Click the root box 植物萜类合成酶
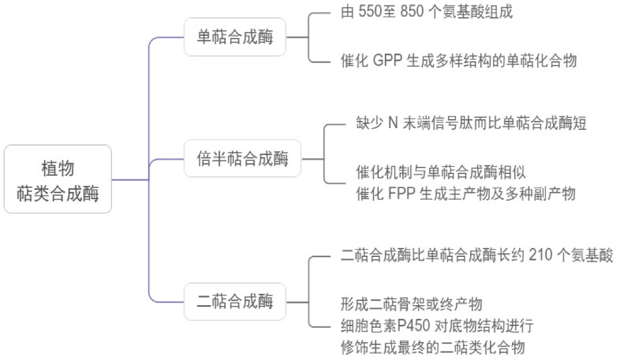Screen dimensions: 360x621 pyautogui.click(x=58, y=179)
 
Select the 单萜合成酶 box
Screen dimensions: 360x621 pyautogui.click(x=235, y=38)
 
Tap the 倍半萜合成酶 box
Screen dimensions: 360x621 pyautogui.click(x=243, y=159)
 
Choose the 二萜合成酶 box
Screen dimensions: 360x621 pyautogui.click(x=235, y=302)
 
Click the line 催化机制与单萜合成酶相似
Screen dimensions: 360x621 pyautogui.click(x=441, y=172)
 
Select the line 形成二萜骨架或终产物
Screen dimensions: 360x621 pyautogui.click(x=411, y=305)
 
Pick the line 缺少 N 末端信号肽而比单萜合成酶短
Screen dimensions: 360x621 pyautogui.click(x=471, y=124)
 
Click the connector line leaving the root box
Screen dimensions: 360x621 pyautogui.click(x=130, y=179)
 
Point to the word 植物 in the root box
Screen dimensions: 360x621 pyautogui.click(x=58, y=168)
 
